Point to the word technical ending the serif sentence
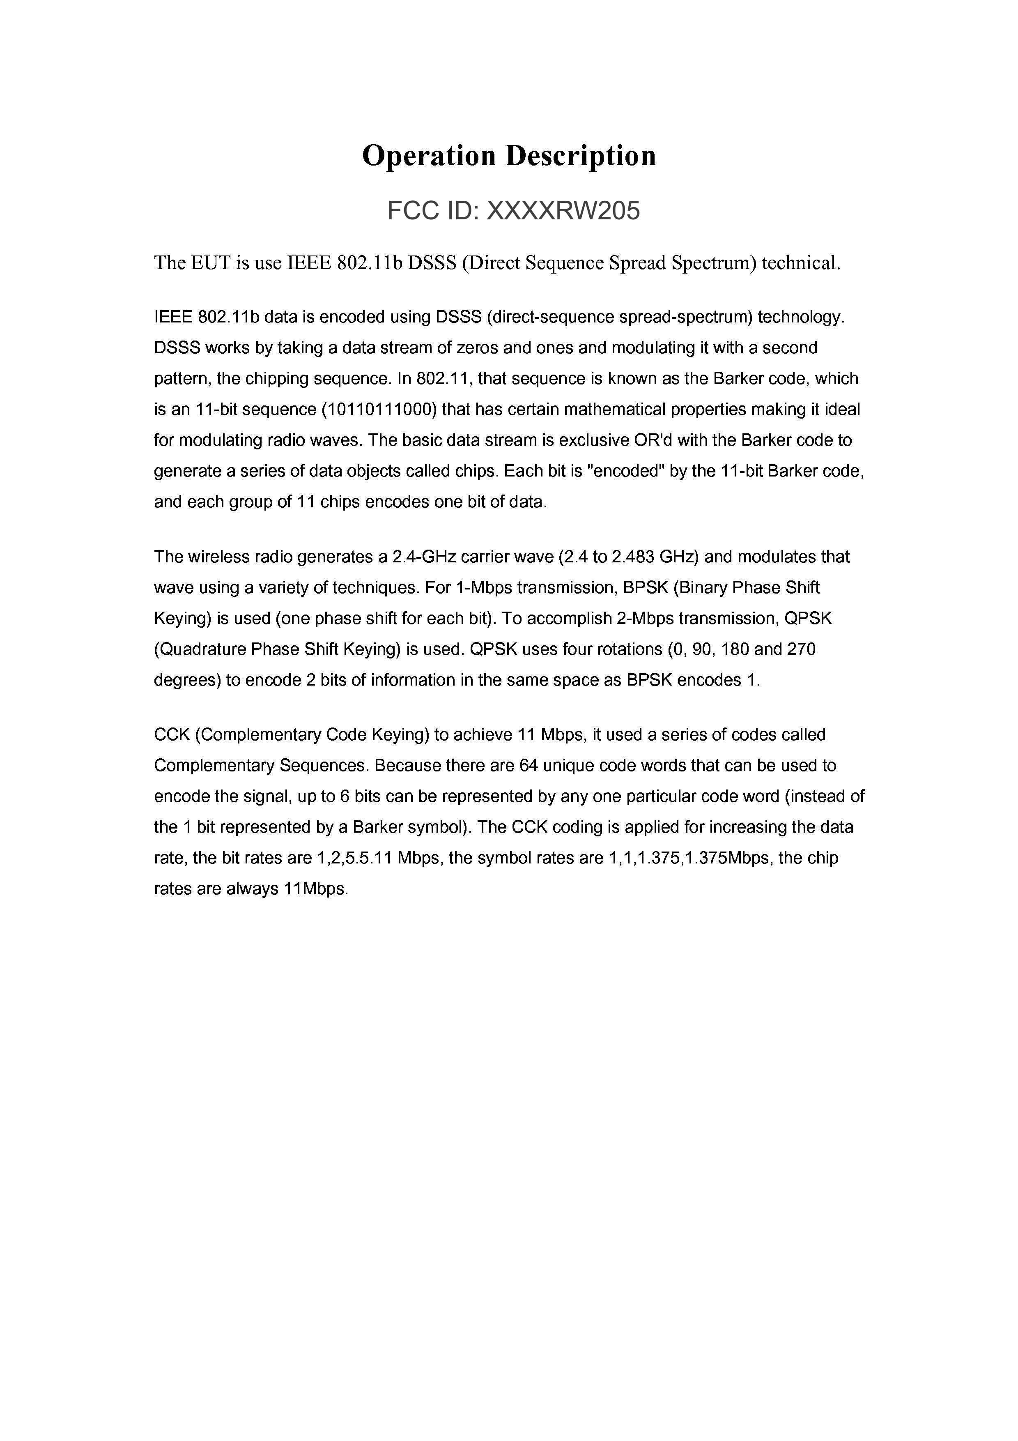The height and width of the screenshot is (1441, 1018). click(x=800, y=262)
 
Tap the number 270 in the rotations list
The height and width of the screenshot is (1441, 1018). click(x=801, y=649)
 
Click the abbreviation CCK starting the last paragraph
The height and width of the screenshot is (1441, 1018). click(x=171, y=734)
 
